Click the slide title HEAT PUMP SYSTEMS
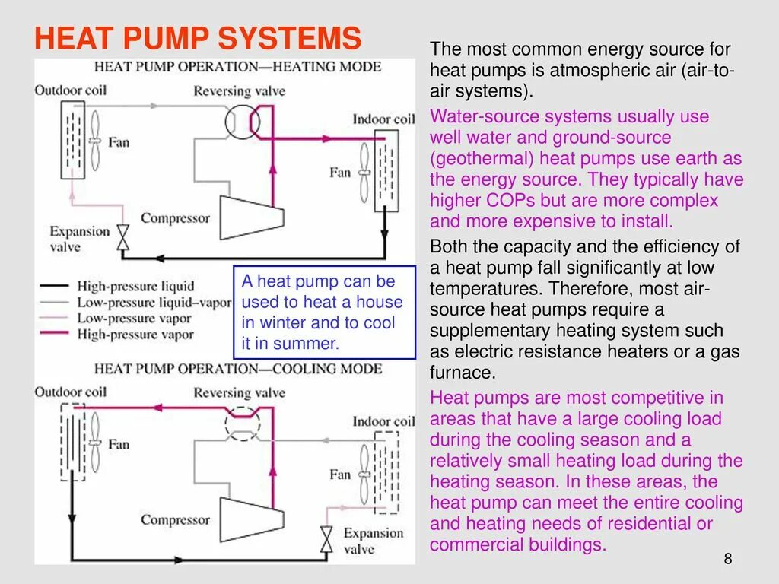coord(198,38)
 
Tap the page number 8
coord(728,560)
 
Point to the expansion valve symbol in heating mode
coord(122,238)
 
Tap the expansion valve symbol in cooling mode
coord(327,538)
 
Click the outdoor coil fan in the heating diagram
coord(95,141)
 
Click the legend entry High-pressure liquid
coord(135,286)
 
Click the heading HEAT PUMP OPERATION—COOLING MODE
coord(237,370)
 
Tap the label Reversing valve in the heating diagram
coord(239,91)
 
